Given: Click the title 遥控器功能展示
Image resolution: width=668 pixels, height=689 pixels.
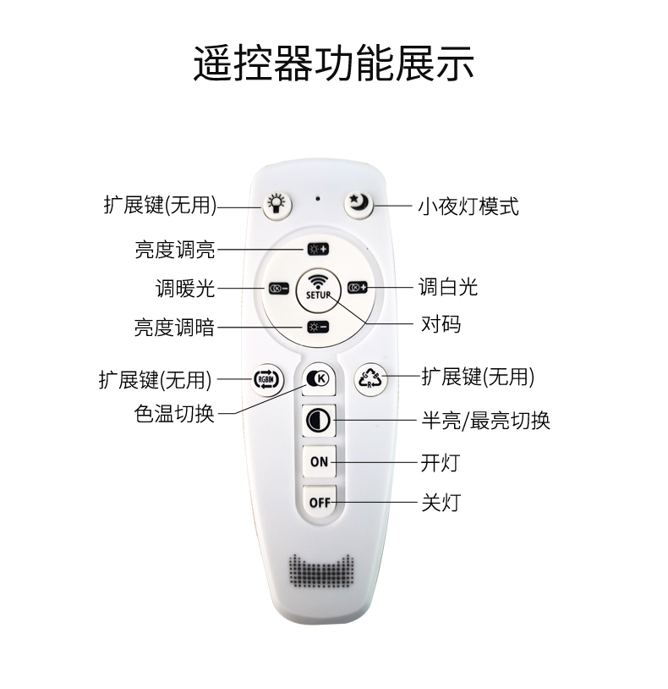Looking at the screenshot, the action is click(x=333, y=63).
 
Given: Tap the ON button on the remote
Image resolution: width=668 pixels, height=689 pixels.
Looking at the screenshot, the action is click(x=319, y=461).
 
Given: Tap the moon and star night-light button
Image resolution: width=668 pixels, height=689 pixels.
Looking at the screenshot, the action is click(x=358, y=203).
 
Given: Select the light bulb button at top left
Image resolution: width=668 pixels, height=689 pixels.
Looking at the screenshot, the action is click(x=275, y=203).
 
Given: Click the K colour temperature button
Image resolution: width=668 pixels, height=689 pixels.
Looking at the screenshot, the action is click(x=319, y=379).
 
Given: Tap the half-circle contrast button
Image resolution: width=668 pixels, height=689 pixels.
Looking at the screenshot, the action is click(x=319, y=419).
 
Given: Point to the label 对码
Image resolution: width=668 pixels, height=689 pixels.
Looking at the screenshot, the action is click(x=441, y=324).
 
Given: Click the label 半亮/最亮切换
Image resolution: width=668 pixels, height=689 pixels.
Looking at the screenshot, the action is click(x=485, y=421).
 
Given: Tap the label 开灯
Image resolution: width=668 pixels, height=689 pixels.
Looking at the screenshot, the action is click(x=441, y=462).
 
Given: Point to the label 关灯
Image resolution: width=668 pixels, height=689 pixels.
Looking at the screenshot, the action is click(x=441, y=502).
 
